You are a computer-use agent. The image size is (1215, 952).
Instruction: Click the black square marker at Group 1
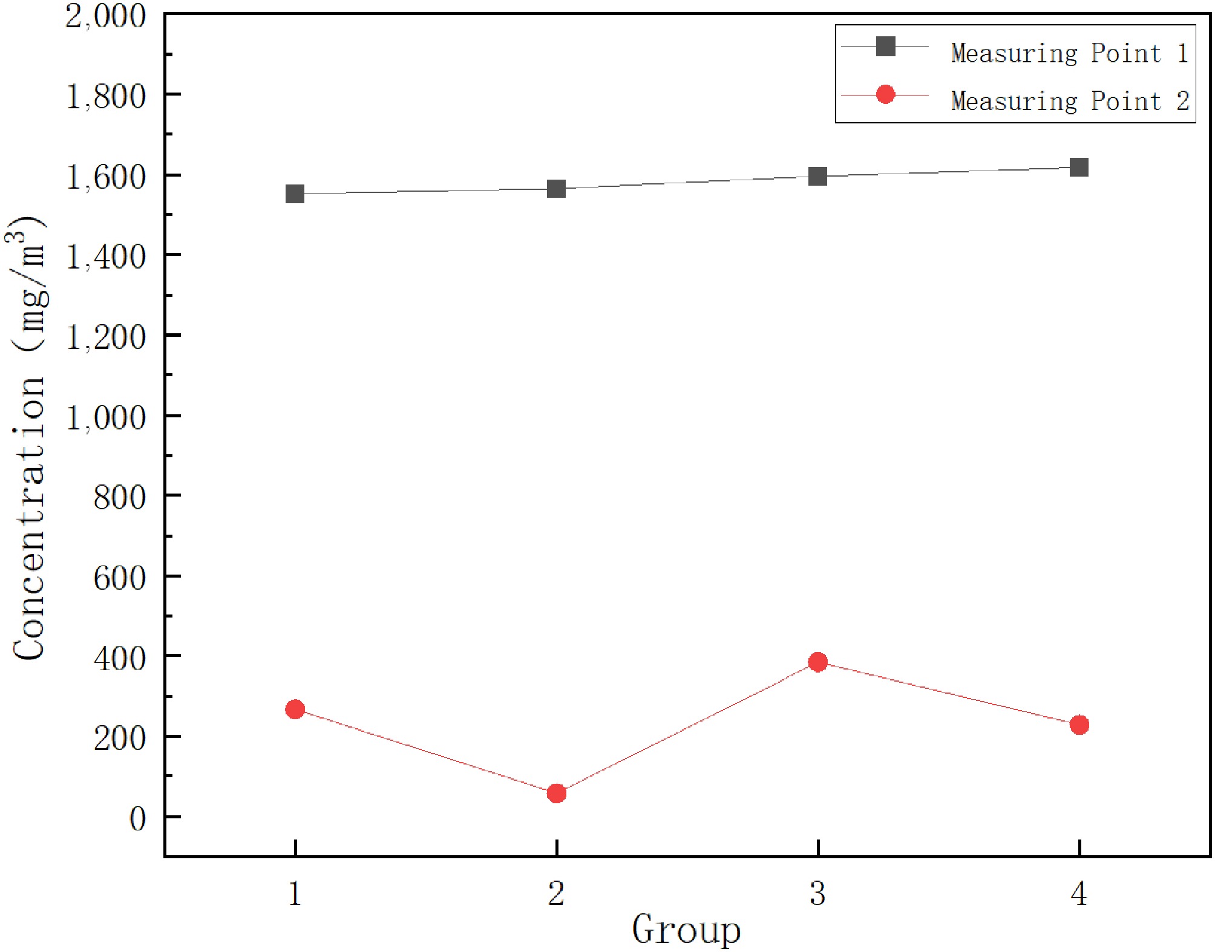tap(295, 194)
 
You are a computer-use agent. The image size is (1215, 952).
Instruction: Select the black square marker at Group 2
tap(556, 189)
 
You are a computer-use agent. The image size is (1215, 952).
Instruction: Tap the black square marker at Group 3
tap(817, 177)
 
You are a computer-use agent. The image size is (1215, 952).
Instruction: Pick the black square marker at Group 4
tap(1079, 167)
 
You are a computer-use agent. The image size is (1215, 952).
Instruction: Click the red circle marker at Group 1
tap(295, 709)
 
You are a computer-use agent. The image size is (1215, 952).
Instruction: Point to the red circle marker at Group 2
tap(556, 793)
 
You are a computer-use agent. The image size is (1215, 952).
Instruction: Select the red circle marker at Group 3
tap(817, 662)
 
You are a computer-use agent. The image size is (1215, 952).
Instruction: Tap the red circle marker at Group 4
tap(1079, 725)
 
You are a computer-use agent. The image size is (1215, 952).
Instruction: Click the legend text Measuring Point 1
tap(1069, 53)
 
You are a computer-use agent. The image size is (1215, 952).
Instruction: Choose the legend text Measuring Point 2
tap(1069, 101)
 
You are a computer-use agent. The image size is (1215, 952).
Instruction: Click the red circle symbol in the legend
tap(885, 94)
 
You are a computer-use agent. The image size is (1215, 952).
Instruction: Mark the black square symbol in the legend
tap(885, 47)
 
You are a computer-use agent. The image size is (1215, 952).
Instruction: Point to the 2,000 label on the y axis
tap(106, 16)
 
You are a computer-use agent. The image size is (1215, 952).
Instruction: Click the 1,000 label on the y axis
tap(106, 417)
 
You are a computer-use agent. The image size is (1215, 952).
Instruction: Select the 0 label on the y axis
tap(138, 819)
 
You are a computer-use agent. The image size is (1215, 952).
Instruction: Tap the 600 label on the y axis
tap(119, 578)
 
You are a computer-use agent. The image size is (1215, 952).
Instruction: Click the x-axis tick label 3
tap(817, 893)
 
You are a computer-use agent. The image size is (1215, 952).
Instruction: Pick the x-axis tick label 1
tap(295, 893)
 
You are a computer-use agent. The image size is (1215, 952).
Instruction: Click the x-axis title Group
tap(686, 930)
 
